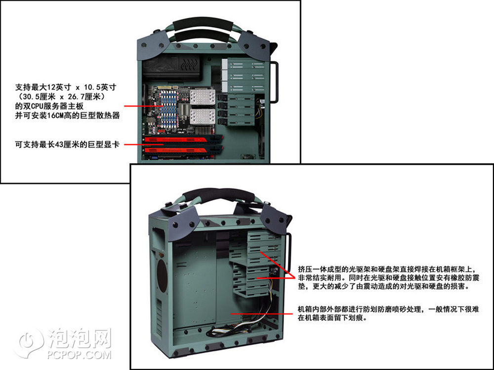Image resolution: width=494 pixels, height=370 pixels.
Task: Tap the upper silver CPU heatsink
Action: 202,97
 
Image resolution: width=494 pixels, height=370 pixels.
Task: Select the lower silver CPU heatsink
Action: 202,117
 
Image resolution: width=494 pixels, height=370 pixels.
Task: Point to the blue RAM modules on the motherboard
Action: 169,110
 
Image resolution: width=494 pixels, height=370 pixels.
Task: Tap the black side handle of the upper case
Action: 274,82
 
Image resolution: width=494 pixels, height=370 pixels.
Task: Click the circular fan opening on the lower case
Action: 162,276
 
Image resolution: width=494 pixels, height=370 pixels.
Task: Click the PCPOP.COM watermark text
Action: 79,355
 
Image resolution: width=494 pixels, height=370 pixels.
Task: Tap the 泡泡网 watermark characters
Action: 80,338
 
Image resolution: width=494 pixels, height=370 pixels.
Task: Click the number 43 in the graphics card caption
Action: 59,145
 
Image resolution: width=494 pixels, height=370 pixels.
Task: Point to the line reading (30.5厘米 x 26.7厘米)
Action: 61,97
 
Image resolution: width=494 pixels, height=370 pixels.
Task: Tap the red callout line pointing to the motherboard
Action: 143,106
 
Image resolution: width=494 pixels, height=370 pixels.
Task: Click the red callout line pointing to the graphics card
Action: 143,145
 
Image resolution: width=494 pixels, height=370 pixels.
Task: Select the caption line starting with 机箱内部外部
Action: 388,309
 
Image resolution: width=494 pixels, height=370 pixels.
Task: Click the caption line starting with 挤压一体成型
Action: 387,269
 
